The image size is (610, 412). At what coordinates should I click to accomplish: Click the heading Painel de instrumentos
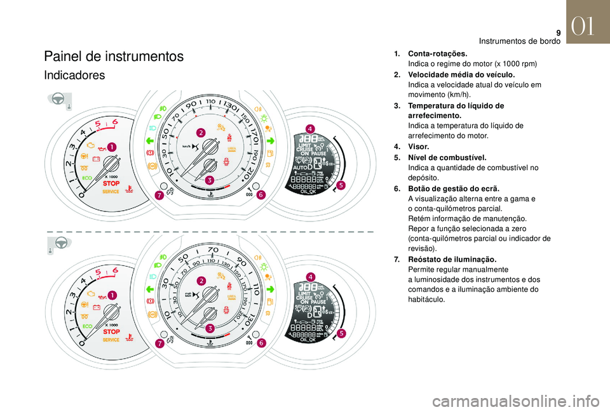(x=114, y=56)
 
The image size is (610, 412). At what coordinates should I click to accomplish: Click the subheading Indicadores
(x=74, y=76)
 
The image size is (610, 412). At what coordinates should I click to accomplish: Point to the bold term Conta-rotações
(x=438, y=54)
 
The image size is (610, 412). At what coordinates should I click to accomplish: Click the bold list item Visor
(x=420, y=146)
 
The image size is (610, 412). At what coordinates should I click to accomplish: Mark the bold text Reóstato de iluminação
(x=452, y=259)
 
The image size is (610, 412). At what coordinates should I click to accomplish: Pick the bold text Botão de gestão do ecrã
(x=454, y=189)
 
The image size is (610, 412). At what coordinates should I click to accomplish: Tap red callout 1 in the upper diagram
(x=112, y=147)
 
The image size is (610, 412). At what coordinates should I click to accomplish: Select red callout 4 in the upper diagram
(x=310, y=130)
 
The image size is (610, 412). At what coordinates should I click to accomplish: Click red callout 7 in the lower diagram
(x=159, y=343)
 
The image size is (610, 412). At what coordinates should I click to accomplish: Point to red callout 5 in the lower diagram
(x=341, y=333)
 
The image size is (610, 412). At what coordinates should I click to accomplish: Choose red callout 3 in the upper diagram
(x=209, y=181)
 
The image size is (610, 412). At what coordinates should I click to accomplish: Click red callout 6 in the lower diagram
(x=261, y=343)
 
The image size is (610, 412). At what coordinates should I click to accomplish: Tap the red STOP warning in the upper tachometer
(x=111, y=183)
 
